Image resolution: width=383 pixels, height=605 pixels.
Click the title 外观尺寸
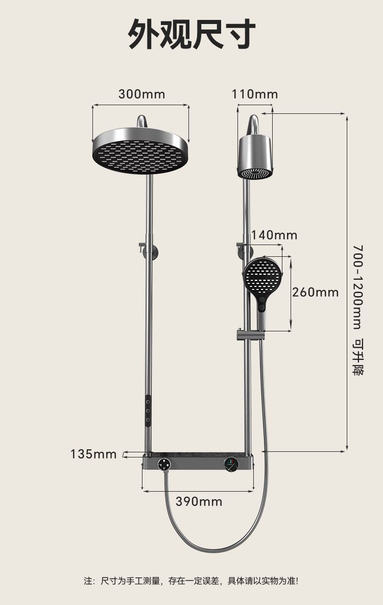tap(192, 34)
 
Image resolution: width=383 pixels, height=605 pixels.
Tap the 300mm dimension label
tap(141, 94)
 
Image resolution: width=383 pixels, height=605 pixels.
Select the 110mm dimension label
tap(255, 94)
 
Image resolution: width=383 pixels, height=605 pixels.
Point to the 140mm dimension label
tap(274, 235)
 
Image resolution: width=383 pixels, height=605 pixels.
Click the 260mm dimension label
tap(315, 292)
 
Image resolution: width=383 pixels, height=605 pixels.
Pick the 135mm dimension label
tap(93, 454)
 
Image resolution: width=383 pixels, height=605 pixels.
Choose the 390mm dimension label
tap(199, 501)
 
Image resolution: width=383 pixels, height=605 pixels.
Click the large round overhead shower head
tap(141, 151)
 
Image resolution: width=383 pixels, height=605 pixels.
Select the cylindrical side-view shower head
tap(255, 157)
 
